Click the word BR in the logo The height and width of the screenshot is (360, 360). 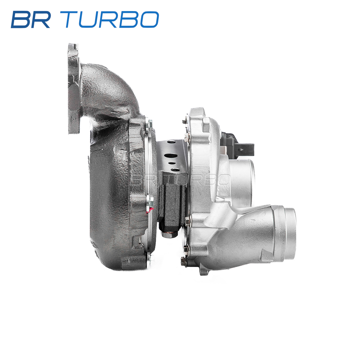[31, 19]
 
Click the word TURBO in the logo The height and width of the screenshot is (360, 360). [110, 19]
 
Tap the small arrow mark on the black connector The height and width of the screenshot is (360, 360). [241, 150]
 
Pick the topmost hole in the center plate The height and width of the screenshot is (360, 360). [172, 142]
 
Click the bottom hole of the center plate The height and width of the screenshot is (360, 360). [175, 170]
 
